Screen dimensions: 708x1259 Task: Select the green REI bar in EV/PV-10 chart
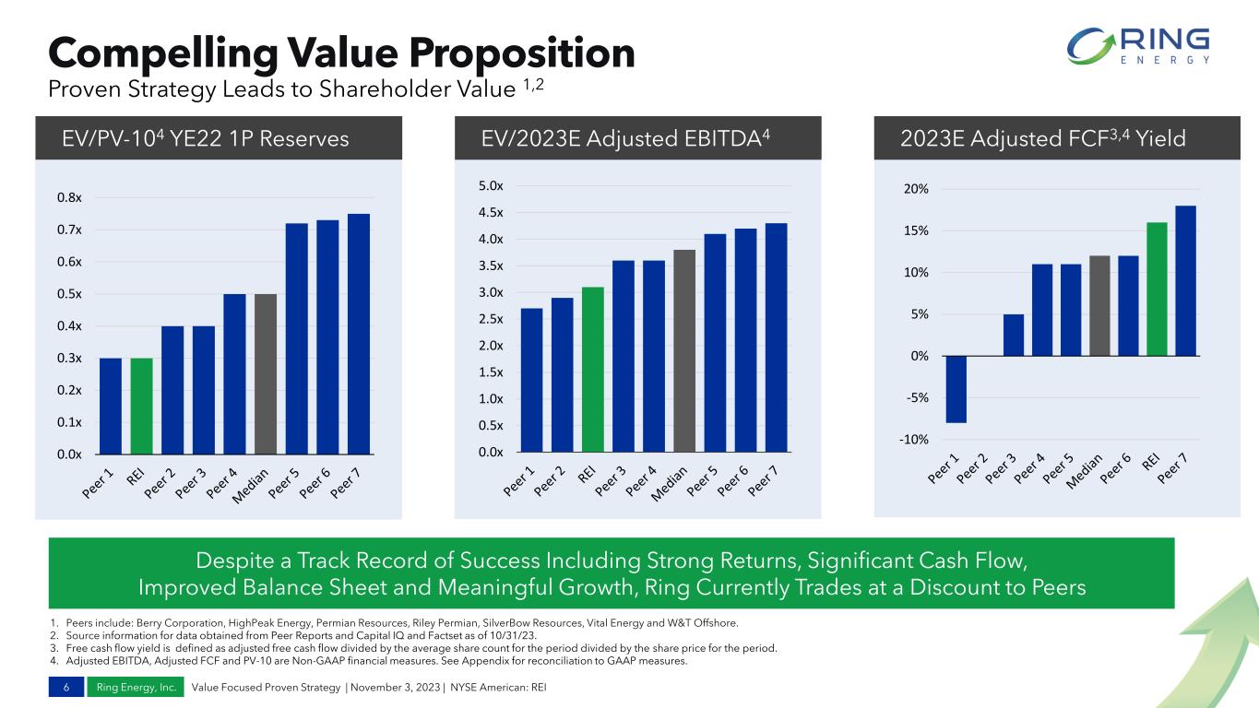point(141,406)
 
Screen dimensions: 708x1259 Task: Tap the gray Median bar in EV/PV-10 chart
point(266,373)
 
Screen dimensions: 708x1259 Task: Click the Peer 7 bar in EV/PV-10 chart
point(359,334)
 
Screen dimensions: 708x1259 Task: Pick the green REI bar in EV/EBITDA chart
point(593,369)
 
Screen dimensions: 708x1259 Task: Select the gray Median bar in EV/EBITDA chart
point(684,350)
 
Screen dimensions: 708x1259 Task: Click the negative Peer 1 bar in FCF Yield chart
point(956,389)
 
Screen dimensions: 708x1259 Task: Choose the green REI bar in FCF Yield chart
point(1158,289)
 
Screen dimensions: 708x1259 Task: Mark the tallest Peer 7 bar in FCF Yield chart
point(1186,280)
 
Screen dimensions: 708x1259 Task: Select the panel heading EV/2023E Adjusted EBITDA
point(625,138)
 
